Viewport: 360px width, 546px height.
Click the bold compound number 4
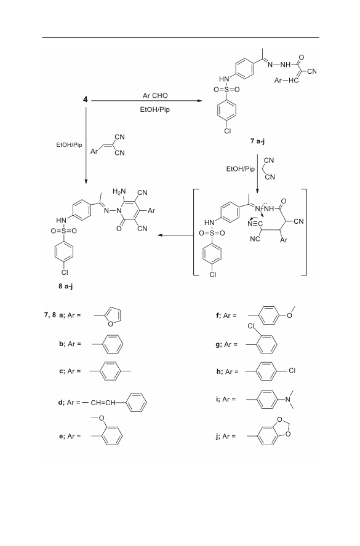(x=86, y=100)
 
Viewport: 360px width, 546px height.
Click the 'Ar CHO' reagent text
(x=155, y=95)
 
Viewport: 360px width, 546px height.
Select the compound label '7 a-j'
(x=258, y=141)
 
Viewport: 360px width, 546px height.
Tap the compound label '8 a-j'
(x=65, y=287)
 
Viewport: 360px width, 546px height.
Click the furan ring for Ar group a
(x=114, y=316)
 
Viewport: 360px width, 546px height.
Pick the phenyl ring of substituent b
(x=111, y=344)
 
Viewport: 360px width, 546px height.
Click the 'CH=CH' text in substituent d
(x=103, y=403)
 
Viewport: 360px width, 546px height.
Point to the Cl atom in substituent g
(x=252, y=326)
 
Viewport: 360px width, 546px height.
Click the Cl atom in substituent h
(x=292, y=371)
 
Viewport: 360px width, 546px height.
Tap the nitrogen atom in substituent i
(x=288, y=400)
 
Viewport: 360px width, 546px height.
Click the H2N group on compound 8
(x=119, y=191)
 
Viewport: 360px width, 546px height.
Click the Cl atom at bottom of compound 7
(x=227, y=132)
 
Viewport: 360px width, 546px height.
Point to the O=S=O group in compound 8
(x=64, y=231)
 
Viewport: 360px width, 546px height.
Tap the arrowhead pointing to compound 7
(x=199, y=101)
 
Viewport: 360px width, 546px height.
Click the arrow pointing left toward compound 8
(x=175, y=235)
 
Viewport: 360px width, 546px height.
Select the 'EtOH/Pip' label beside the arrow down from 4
(x=69, y=145)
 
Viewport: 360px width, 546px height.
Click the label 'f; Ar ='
(x=226, y=315)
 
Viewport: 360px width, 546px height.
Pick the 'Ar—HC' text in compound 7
(x=287, y=81)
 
